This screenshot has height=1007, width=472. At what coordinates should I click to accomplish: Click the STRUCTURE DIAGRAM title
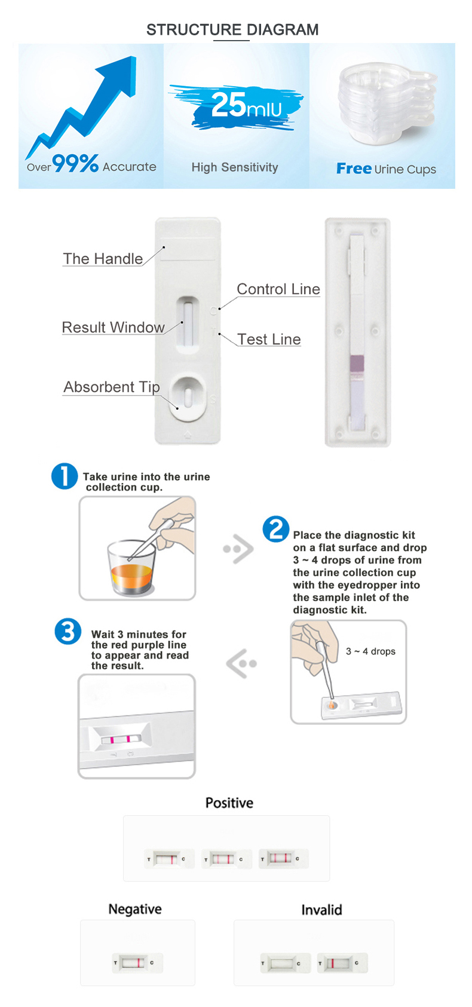[x=232, y=30]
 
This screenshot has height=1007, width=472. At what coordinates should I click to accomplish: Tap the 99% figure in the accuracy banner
[x=75, y=163]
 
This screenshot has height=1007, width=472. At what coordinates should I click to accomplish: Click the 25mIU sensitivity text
[x=246, y=105]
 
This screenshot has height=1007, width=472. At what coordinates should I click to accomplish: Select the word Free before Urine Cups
[x=354, y=169]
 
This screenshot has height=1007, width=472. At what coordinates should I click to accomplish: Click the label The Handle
[x=103, y=259]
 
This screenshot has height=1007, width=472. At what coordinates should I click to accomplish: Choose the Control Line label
[x=278, y=289]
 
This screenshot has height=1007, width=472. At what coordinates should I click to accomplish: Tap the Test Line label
[x=269, y=339]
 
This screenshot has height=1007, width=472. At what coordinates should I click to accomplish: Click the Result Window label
[x=114, y=327]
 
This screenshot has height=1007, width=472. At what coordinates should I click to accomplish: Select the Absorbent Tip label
[x=112, y=387]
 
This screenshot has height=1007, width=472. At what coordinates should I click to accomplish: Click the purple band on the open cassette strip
[x=357, y=363]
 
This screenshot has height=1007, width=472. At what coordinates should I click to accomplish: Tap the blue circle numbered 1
[x=65, y=476]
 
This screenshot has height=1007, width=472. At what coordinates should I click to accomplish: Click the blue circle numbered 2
[x=276, y=529]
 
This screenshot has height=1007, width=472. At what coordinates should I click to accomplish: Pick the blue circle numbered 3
[x=68, y=631]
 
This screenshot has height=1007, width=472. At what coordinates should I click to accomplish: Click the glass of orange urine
[x=131, y=568]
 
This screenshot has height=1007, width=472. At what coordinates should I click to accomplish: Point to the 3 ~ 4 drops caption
[x=370, y=651]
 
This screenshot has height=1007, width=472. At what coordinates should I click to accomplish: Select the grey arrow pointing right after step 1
[x=239, y=549]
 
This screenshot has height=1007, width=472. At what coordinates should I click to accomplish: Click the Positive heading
[x=229, y=803]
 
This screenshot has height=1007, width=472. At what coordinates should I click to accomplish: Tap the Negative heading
[x=135, y=909]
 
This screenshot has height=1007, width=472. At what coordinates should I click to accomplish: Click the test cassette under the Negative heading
[x=137, y=963]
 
